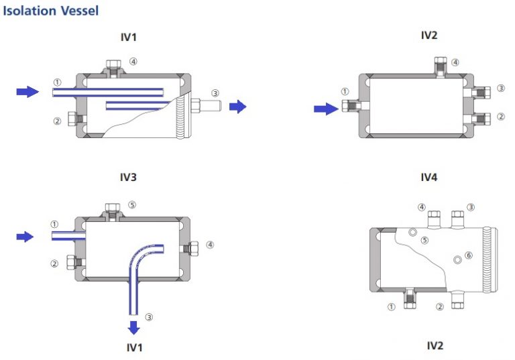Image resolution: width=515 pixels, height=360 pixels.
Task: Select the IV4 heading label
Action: (428, 178)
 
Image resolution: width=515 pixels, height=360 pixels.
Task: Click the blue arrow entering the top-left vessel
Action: (27, 92)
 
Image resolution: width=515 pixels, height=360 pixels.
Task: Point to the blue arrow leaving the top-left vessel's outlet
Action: (238, 106)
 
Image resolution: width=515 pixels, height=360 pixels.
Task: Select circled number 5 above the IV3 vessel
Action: (132, 205)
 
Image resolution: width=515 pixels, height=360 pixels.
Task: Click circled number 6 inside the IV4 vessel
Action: (468, 255)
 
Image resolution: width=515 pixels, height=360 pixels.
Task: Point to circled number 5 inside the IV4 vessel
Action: (424, 240)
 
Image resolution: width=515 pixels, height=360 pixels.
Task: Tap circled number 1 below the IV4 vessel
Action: (391, 307)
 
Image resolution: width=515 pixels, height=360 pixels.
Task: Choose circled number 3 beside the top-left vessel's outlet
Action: (215, 93)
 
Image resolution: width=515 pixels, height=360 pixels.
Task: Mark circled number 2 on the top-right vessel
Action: (500, 117)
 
